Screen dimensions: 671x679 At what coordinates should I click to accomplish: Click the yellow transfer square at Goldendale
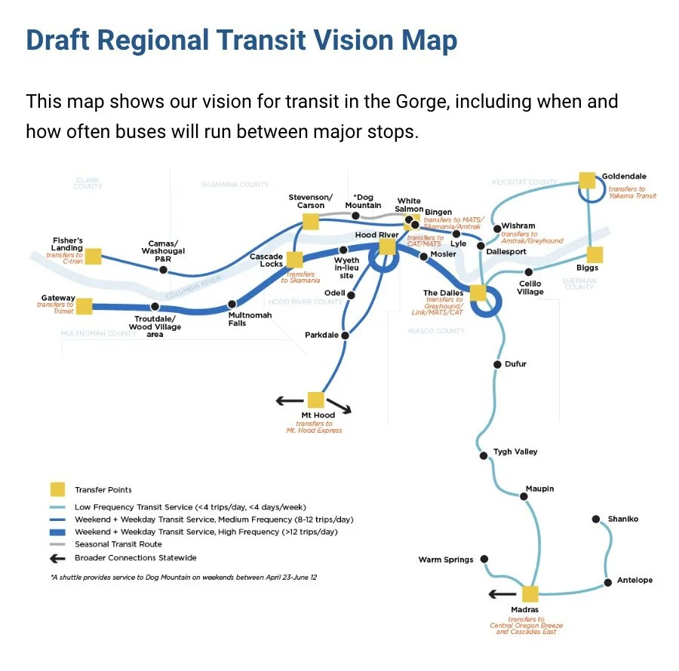coord(587,179)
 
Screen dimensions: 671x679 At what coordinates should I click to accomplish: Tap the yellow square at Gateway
coord(84,306)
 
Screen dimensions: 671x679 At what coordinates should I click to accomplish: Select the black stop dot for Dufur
coord(497,364)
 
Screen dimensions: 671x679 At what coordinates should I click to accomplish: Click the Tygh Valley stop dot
coord(484,455)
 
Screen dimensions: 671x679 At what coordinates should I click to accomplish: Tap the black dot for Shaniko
coord(595,519)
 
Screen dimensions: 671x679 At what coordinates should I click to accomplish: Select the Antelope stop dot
coord(608,583)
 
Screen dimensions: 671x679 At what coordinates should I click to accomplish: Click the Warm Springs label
coord(446,559)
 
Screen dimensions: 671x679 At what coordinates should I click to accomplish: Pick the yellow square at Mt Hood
coord(315,400)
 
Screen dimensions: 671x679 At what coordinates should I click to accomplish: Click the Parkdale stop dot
coord(345,335)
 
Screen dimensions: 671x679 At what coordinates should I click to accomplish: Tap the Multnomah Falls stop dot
coord(233,305)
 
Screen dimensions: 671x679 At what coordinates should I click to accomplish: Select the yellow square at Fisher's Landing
coord(93,256)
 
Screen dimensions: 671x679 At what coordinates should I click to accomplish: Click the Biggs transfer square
coord(595,255)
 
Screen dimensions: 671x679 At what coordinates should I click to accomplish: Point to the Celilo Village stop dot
coord(529,272)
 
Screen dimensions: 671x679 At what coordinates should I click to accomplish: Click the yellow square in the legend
coord(57,489)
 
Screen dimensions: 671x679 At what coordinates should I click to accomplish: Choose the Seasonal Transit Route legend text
coord(118,544)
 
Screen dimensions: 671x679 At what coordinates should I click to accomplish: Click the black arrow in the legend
coord(57,558)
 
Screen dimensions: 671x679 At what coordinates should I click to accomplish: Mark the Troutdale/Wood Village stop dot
coord(155,307)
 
